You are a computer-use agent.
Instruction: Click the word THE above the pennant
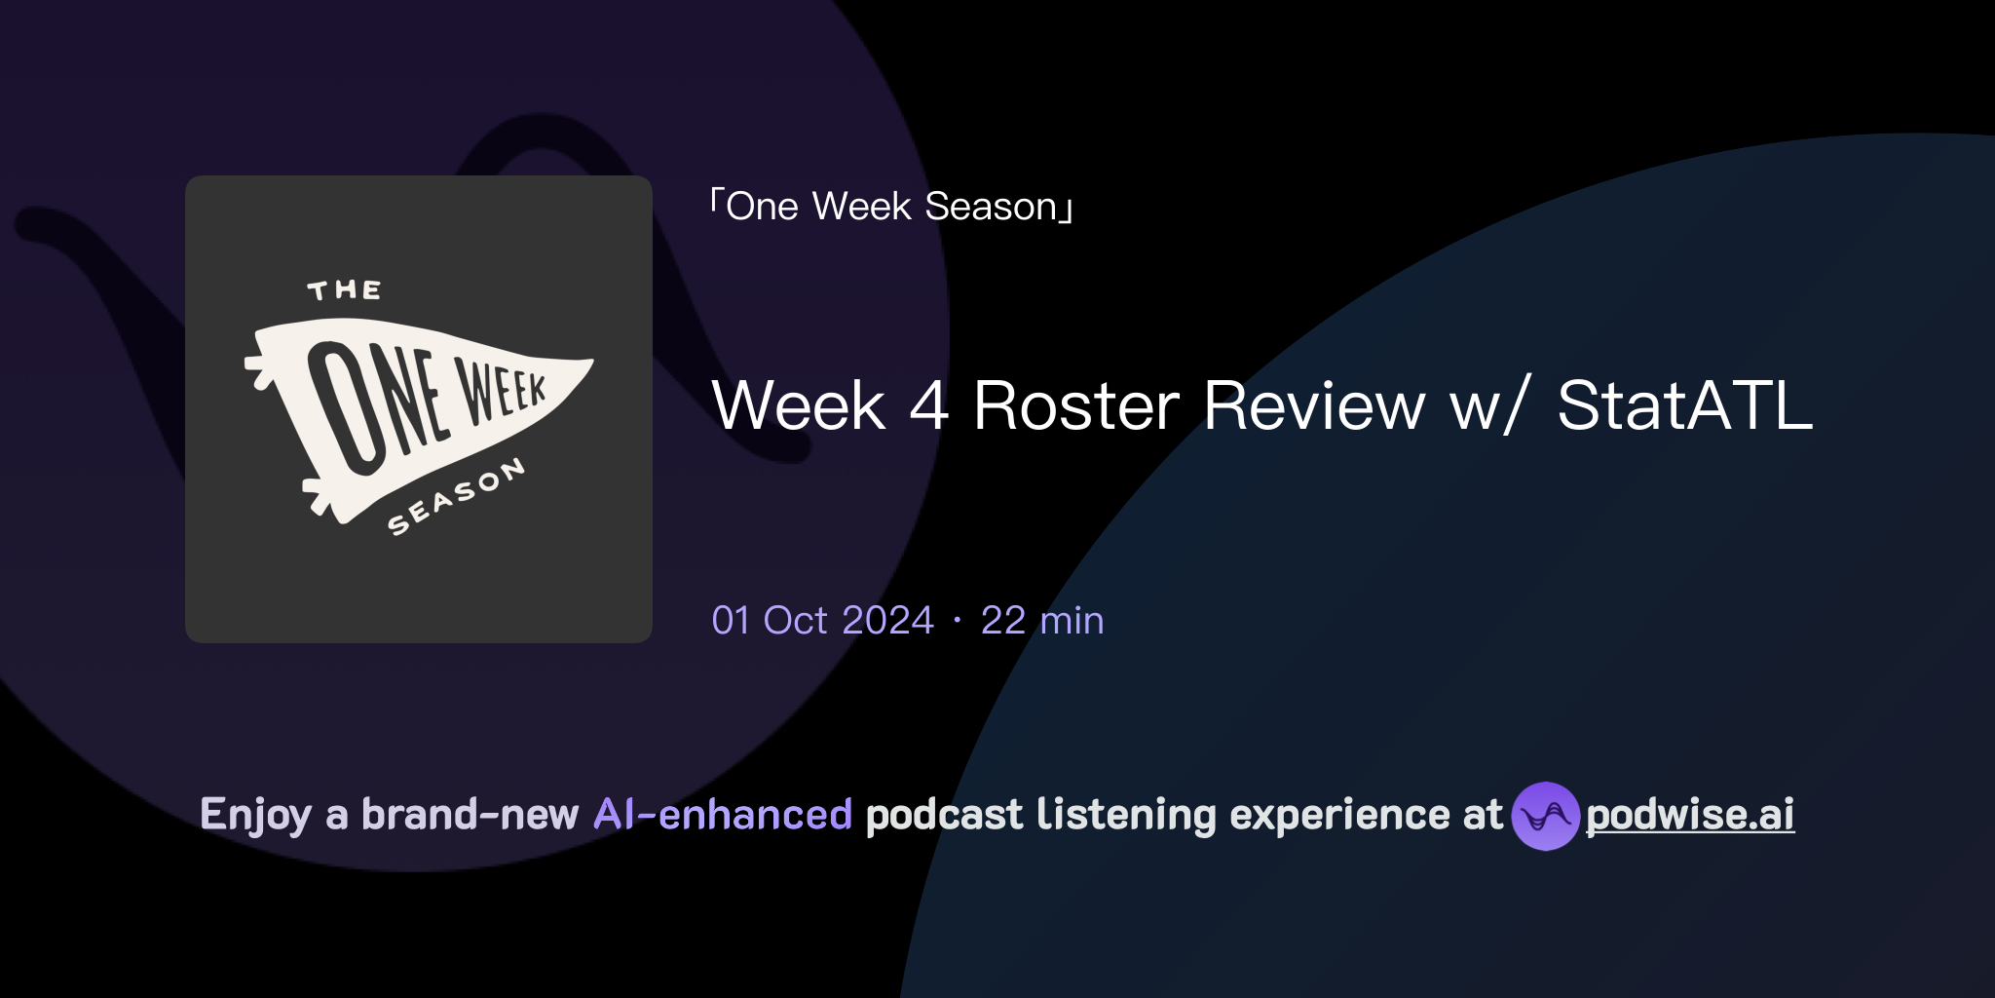pyautogui.click(x=344, y=290)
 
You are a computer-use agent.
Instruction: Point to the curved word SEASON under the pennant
pyautogui.click(x=455, y=497)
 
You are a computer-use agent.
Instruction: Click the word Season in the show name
pyautogui.click(x=991, y=207)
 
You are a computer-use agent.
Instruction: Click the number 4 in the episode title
pyautogui.click(x=928, y=405)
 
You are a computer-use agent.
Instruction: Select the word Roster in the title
pyautogui.click(x=1075, y=405)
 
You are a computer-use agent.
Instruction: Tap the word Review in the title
pyautogui.click(x=1314, y=405)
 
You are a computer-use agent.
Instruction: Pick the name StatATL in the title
pyautogui.click(x=1684, y=405)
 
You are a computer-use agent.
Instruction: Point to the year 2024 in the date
pyautogui.click(x=887, y=621)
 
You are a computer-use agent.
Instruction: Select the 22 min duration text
pyautogui.click(x=1041, y=621)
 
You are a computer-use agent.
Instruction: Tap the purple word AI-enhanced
pyautogui.click(x=723, y=815)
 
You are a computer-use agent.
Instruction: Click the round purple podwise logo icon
pyautogui.click(x=1545, y=816)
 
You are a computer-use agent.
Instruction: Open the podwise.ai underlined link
pyautogui.click(x=1689, y=815)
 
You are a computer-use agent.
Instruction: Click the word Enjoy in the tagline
pyautogui.click(x=255, y=815)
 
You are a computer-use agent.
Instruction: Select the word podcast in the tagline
pyautogui.click(x=944, y=815)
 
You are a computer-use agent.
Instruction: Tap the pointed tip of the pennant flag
pyautogui.click(x=588, y=364)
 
